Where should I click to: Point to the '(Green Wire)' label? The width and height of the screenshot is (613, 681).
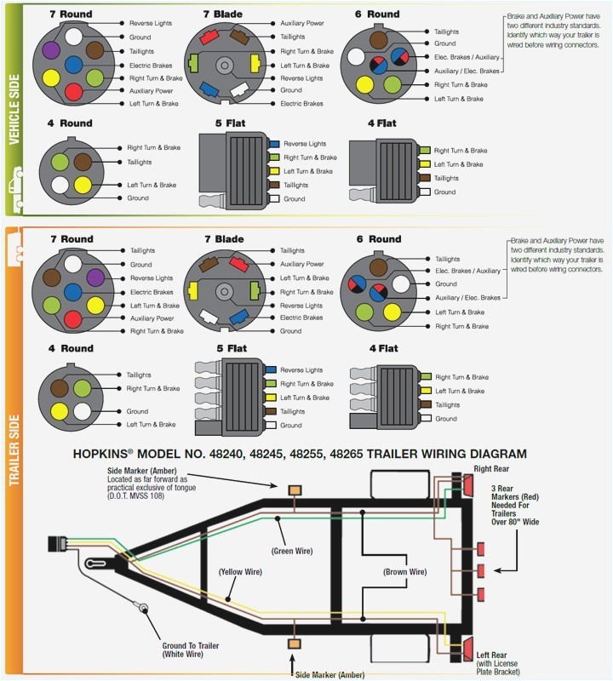pos(292,551)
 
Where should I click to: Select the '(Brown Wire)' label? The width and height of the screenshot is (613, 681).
pos(404,572)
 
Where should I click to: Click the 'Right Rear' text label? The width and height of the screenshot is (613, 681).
pos(493,467)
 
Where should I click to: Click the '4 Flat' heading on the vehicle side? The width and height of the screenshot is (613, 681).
pos(381,123)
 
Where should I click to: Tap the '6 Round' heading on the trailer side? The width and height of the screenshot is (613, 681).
pos(383,239)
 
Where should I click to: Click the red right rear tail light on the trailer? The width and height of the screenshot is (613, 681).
pos(467,486)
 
